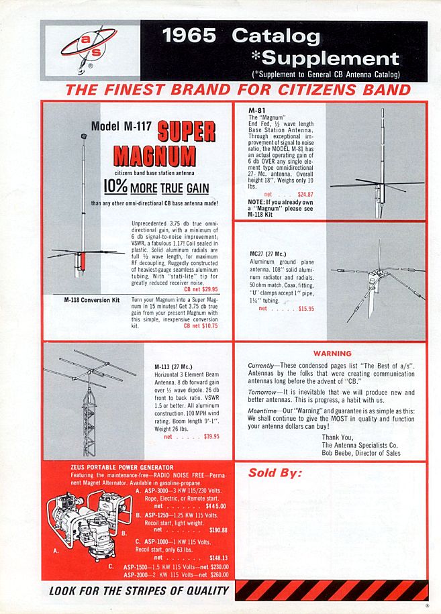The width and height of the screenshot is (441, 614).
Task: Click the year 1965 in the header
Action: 193,36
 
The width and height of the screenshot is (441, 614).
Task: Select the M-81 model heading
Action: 255,109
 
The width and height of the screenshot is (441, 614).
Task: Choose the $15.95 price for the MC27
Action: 287,309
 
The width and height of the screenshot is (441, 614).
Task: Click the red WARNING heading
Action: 332,354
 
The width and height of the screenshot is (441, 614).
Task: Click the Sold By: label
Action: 275,472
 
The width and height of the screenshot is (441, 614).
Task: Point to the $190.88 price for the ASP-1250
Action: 217,529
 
